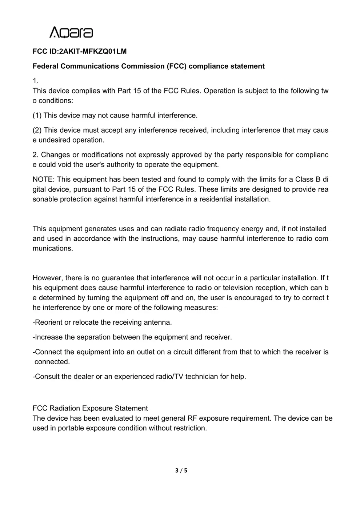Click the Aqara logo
pos(71,32)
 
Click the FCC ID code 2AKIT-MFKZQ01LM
pos(93,51)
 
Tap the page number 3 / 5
pos(181,470)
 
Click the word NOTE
pos(43,179)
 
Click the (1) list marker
pos(37,115)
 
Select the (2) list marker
pos(37,130)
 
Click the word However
pos(48,278)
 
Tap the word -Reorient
pos(47,322)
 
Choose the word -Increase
pos(48,337)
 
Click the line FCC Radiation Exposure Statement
pos(90,408)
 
